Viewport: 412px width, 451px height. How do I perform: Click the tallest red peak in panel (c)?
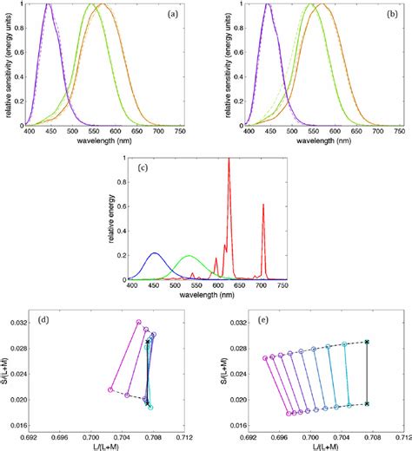229,160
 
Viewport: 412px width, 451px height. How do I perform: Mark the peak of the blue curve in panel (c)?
155,253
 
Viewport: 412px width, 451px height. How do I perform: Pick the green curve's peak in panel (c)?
188,256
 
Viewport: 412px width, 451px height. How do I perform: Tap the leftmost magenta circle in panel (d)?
110,389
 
